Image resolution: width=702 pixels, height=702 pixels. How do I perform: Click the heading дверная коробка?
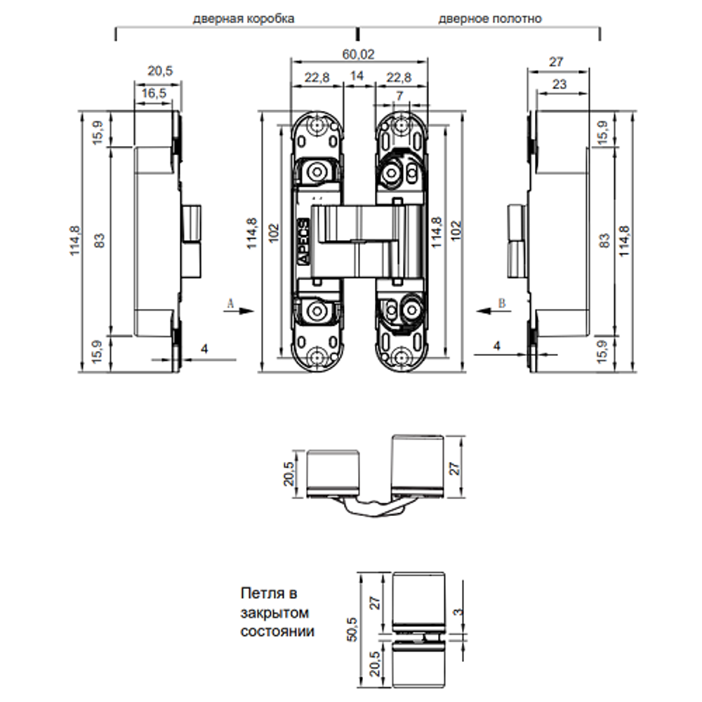(244, 19)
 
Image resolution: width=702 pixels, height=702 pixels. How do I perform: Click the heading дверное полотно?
(490, 19)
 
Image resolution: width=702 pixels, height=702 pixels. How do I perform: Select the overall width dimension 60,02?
(359, 53)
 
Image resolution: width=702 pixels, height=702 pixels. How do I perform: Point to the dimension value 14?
(358, 78)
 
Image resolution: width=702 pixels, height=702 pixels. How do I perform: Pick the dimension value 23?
(559, 84)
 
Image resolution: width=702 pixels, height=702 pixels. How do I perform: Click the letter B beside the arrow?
(501, 303)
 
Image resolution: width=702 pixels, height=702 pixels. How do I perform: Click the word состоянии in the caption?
(277, 631)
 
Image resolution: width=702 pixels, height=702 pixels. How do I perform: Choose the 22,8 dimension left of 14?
(317, 78)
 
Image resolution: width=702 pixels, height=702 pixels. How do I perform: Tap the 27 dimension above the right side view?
(556, 62)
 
